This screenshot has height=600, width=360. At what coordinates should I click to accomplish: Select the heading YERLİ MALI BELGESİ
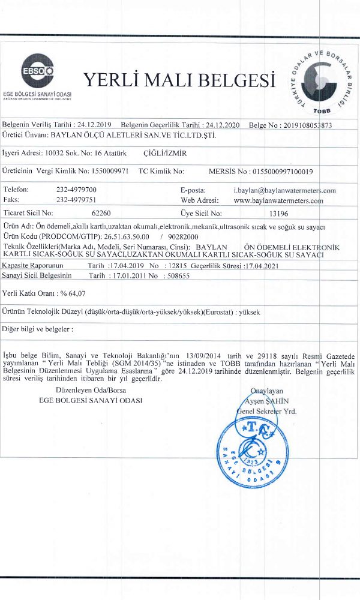[179, 80]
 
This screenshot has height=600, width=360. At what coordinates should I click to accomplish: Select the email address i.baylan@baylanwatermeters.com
[284, 190]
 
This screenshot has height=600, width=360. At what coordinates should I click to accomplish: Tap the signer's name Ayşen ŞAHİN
[269, 401]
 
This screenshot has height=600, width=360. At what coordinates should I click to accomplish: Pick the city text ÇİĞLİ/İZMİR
[166, 154]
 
